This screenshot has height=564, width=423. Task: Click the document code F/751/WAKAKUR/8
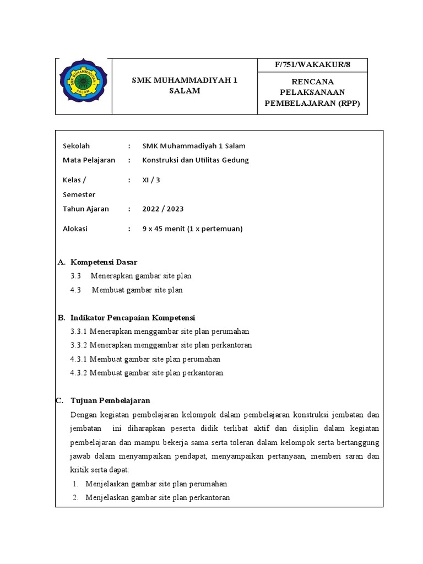(312, 65)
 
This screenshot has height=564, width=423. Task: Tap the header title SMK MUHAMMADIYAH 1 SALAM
(185, 86)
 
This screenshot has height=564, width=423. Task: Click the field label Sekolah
(77, 146)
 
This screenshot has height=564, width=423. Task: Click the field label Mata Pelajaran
(89, 160)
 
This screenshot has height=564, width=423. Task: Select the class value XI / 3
(151, 180)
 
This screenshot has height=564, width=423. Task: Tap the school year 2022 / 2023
(163, 209)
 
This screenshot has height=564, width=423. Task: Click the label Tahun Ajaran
(86, 209)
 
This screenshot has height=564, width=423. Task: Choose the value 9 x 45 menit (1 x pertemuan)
(192, 229)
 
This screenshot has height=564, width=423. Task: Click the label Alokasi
(75, 229)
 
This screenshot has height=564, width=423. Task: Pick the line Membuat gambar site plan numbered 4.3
(137, 290)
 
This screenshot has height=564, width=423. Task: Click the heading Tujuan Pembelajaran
(111, 400)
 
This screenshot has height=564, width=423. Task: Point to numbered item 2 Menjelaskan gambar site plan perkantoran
(158, 497)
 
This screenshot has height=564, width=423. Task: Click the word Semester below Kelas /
(79, 194)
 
